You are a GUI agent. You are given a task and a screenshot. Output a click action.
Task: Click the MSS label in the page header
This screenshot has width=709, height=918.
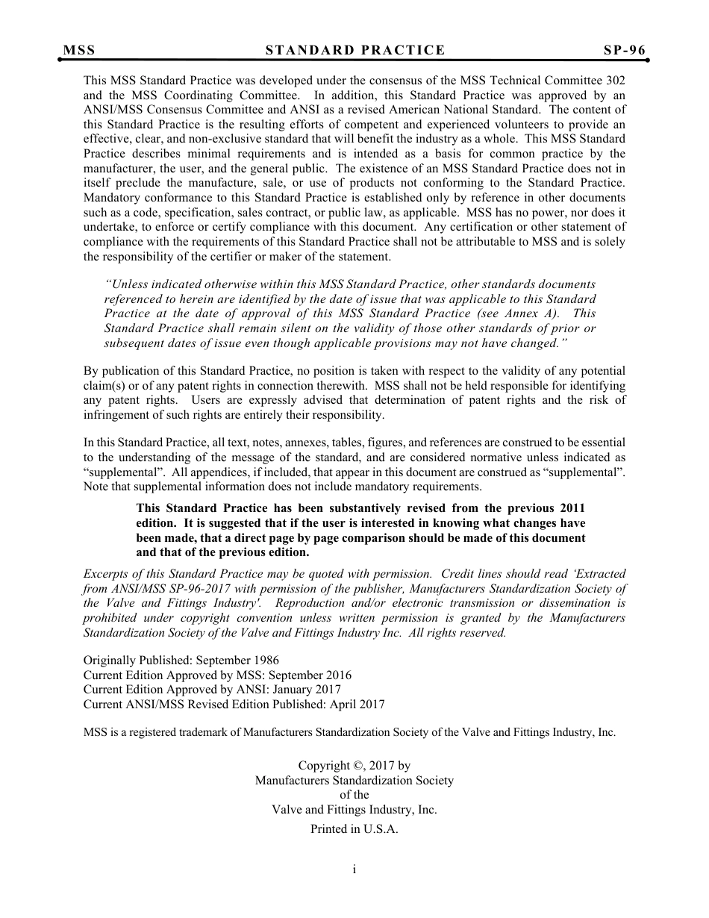(79, 51)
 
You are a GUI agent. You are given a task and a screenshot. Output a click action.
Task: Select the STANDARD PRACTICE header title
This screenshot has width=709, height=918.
(355, 51)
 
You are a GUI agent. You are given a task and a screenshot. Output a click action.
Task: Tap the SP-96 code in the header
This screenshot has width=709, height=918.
(625, 51)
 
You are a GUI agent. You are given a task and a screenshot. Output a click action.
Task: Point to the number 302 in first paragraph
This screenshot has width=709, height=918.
(616, 81)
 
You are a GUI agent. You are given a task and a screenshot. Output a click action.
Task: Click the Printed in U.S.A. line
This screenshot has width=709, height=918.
(354, 829)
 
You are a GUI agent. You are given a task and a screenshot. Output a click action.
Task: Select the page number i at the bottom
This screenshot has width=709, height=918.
(354, 869)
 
